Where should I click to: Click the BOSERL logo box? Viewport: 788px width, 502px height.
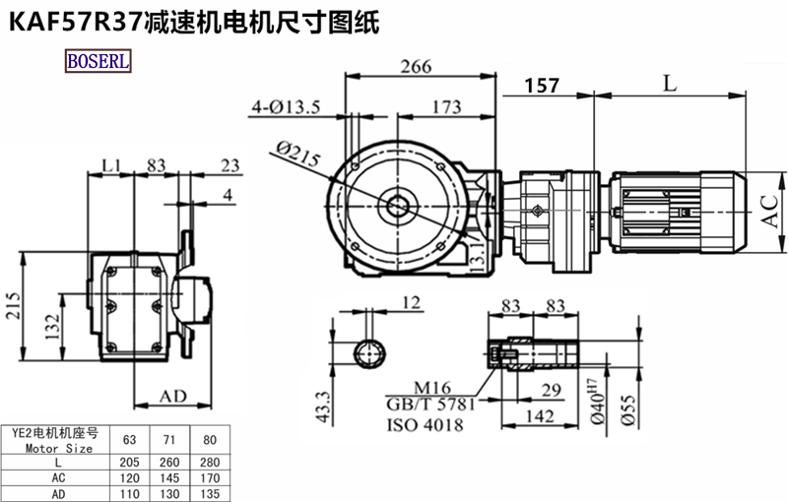[x=98, y=61]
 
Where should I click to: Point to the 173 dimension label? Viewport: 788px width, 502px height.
[x=447, y=105]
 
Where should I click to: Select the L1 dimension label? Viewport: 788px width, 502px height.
[x=111, y=163]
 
